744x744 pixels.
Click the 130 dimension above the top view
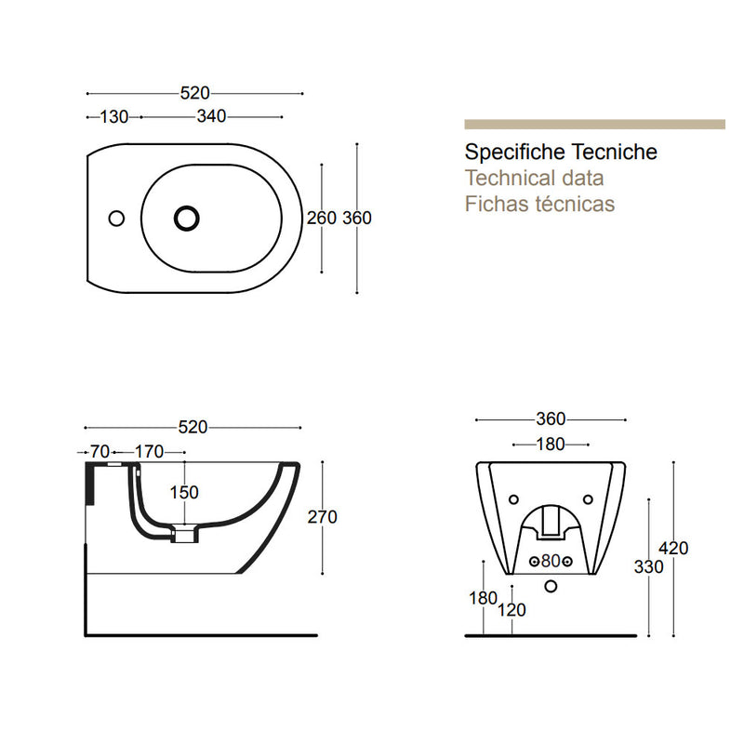point(114,116)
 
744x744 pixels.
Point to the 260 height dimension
point(321,219)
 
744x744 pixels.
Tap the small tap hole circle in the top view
point(116,219)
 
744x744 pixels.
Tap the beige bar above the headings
point(594,124)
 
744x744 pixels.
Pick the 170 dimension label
point(149,452)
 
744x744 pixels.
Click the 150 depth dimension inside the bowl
point(183,493)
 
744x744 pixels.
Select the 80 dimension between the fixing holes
point(551,561)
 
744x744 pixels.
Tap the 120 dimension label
point(511,610)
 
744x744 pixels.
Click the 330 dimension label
point(648,567)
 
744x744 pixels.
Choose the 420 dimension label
point(673,549)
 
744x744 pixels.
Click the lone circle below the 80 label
point(551,586)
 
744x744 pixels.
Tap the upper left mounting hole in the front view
point(513,499)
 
